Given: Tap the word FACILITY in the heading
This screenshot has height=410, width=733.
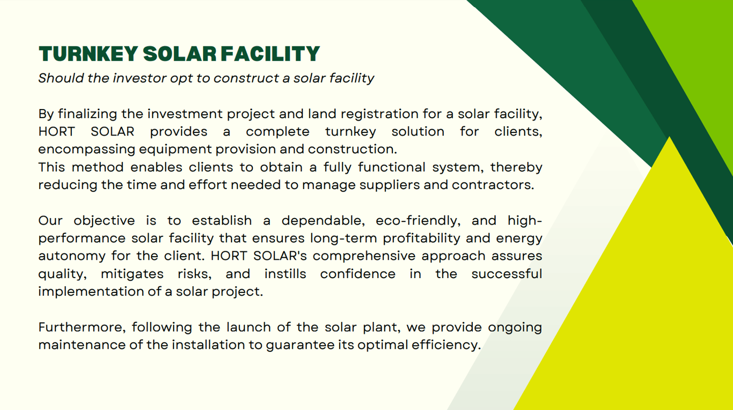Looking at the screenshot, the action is click(270, 53).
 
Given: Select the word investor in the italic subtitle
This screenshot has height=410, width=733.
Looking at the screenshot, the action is click(139, 78).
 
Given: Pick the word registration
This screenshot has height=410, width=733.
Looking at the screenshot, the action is click(380, 114).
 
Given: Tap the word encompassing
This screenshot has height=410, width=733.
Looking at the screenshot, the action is click(87, 150).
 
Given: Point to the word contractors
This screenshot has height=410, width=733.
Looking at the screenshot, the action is click(493, 185).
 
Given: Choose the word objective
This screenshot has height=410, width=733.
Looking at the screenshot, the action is click(104, 221).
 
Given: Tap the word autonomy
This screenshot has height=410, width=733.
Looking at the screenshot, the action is click(72, 256).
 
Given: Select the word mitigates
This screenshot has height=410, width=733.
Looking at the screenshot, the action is click(132, 274).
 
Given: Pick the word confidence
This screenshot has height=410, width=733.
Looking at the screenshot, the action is click(358, 274).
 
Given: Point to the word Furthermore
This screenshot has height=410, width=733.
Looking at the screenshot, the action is click(82, 327).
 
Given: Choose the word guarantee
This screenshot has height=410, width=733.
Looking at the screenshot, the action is click(300, 345).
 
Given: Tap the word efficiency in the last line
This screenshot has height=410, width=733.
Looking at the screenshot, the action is click(446, 345).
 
